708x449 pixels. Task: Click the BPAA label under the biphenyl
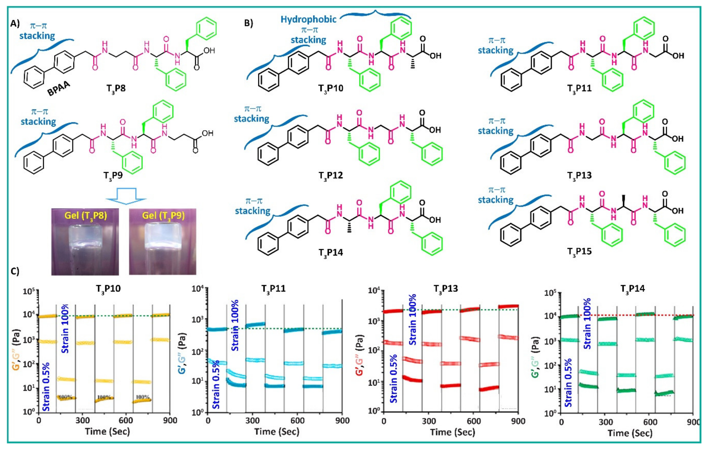[59, 88]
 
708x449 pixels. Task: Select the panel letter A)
[15, 24]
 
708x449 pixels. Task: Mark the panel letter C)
[15, 271]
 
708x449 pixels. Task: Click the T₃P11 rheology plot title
[273, 289]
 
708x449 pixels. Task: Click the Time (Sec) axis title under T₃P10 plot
[107, 431]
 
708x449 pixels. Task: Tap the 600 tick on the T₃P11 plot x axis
[297, 421]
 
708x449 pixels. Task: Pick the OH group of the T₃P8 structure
[209, 51]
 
